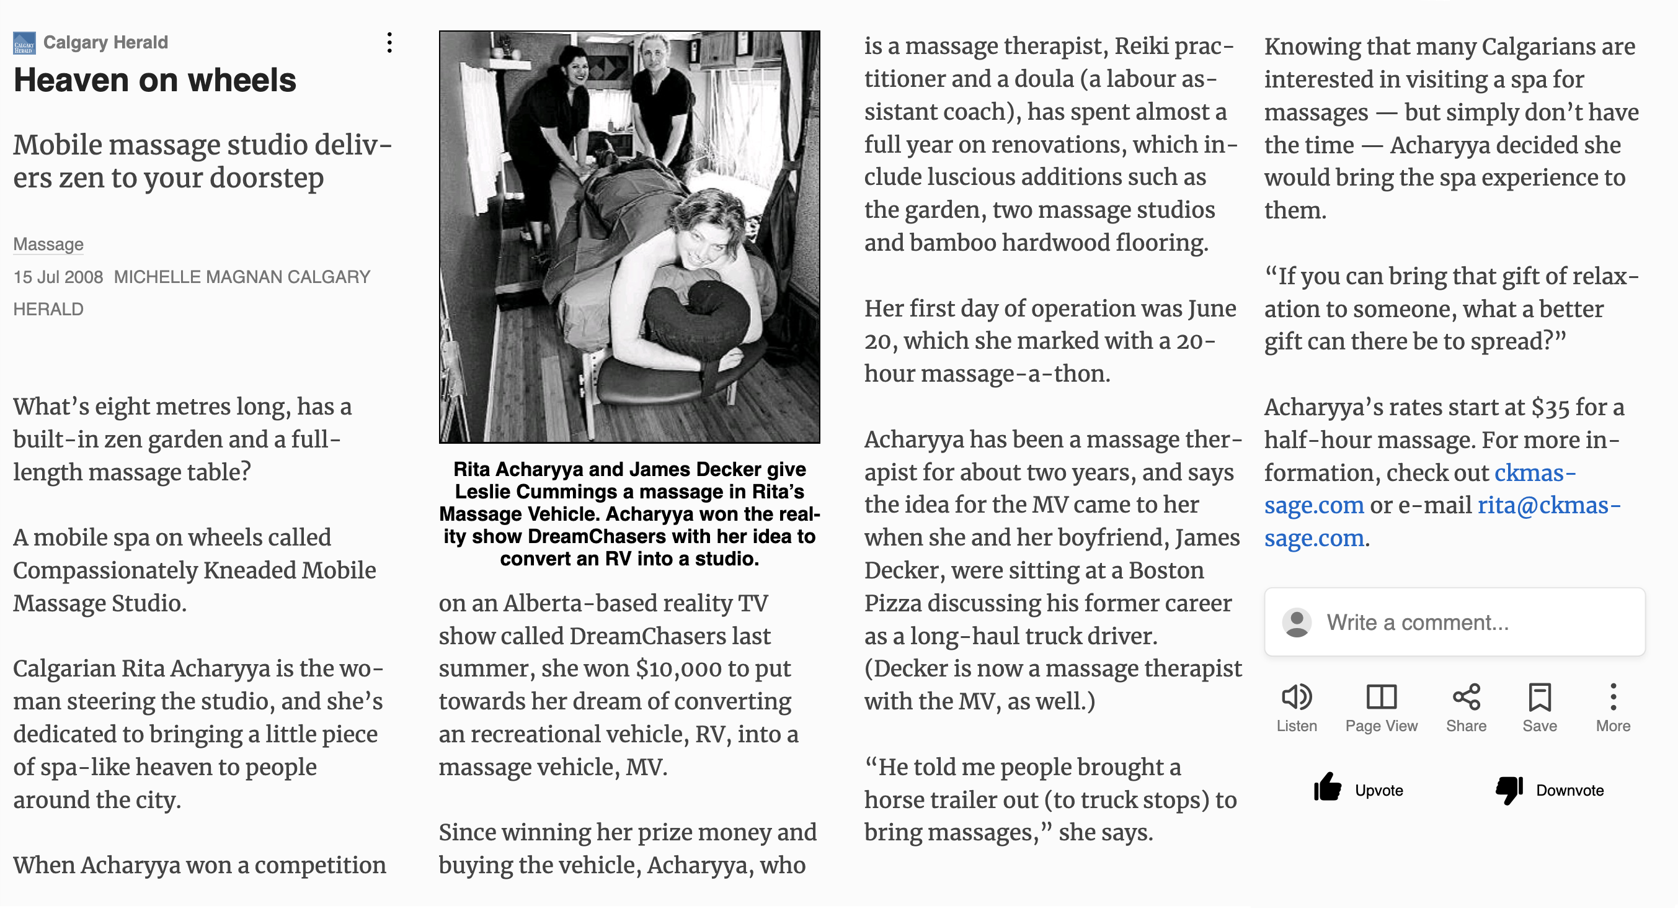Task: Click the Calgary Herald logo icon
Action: click(24, 43)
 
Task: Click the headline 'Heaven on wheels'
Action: click(154, 80)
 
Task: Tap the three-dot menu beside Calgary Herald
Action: click(389, 43)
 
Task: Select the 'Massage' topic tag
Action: click(48, 244)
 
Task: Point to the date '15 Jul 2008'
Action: click(58, 277)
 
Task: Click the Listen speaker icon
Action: click(1296, 697)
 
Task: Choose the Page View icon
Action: click(1381, 697)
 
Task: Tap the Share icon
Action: click(1467, 697)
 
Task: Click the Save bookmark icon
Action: click(1539, 697)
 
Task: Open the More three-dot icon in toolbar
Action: click(1613, 697)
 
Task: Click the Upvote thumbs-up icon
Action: click(1327, 789)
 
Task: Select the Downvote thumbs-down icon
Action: click(1509, 789)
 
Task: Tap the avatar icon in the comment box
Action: click(1296, 623)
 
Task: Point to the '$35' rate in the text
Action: click(1550, 407)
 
